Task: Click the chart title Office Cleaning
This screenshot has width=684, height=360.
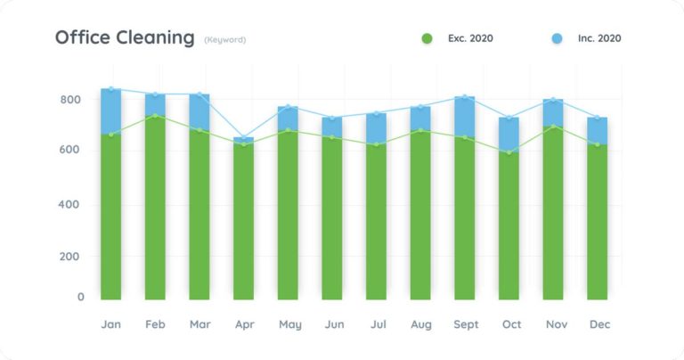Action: (124, 37)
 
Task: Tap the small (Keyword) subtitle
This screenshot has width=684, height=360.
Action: (224, 39)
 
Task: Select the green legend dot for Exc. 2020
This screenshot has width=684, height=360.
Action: (427, 38)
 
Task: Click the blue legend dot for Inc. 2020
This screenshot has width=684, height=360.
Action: (557, 38)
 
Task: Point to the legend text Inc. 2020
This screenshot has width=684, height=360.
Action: (598, 38)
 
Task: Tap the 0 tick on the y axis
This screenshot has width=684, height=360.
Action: (80, 297)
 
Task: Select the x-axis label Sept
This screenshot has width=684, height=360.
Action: (465, 324)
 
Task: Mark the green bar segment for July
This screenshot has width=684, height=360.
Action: (376, 223)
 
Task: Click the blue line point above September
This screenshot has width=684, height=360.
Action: (465, 96)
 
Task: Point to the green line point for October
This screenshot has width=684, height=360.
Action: (509, 152)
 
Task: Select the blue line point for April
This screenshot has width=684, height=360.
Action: (243, 137)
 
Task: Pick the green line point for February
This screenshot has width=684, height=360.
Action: (155, 116)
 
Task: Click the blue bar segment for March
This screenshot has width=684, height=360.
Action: (199, 111)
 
